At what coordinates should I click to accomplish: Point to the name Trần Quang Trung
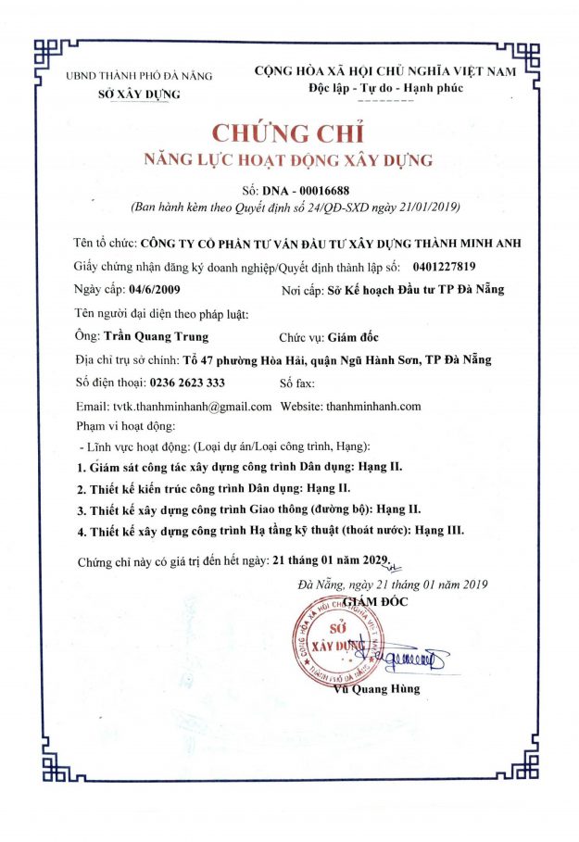[157, 336]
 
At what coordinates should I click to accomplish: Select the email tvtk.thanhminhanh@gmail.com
[173, 407]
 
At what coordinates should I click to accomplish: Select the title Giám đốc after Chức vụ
[352, 336]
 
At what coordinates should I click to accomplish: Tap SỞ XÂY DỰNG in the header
[139, 94]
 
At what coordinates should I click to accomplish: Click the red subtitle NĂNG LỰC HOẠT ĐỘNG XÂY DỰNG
[289, 160]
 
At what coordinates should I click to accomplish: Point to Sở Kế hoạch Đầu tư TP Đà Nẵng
[417, 290]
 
